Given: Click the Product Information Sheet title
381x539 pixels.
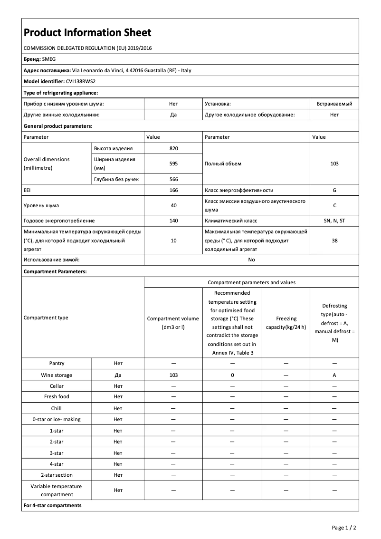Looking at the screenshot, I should point(87,33).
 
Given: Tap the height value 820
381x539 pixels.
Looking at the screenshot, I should point(173,148).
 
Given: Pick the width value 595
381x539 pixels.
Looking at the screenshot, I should point(173,164).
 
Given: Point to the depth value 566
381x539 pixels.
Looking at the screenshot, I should point(173,179).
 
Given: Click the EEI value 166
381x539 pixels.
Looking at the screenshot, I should point(173,190).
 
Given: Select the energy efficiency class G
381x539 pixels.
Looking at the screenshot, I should point(334,190).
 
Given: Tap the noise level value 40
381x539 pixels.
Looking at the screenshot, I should point(173,205).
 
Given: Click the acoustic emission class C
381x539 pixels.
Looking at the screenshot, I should point(334,205).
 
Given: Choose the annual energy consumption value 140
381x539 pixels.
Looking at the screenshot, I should point(173,221).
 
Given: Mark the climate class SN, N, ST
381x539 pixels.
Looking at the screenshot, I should point(334,221).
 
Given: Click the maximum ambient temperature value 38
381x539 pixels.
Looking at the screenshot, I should point(334,241).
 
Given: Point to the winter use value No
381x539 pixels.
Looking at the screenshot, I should point(251,260).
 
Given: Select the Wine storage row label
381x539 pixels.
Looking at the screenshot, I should point(57,375).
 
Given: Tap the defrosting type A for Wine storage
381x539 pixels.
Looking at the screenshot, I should point(334,375).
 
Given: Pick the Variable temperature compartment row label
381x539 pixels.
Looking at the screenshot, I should point(57,490).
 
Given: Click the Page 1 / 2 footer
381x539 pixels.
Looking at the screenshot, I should point(343,528).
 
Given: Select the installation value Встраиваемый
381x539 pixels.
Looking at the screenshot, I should point(334,103).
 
